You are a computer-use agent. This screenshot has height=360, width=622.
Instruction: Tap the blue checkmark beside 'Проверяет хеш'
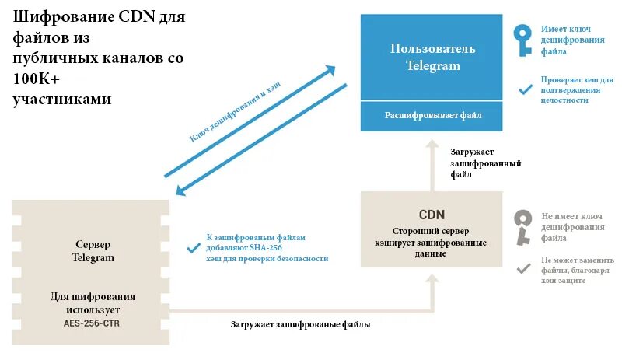(525, 89)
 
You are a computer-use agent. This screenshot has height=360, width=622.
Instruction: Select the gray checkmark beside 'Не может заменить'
(524, 269)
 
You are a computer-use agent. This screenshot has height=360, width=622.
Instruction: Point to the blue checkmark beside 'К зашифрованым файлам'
(194, 248)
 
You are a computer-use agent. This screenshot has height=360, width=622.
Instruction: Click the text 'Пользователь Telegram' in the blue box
(432, 58)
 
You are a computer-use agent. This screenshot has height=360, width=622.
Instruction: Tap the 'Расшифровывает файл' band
(432, 115)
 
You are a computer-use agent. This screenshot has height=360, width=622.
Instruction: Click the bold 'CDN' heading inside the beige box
(432, 214)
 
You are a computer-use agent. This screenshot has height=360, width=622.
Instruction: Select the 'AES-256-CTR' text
(93, 322)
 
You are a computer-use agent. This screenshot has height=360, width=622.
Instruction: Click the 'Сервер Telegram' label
(93, 250)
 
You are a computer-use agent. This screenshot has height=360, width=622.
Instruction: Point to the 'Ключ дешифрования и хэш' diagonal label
(234, 110)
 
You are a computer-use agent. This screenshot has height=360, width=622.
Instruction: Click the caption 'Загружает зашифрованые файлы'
(300, 324)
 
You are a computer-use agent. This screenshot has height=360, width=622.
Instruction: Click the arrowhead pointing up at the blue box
(432, 143)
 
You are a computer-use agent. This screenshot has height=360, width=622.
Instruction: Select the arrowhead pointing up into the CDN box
(432, 277)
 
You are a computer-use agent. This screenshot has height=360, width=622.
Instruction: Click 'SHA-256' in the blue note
(266, 248)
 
